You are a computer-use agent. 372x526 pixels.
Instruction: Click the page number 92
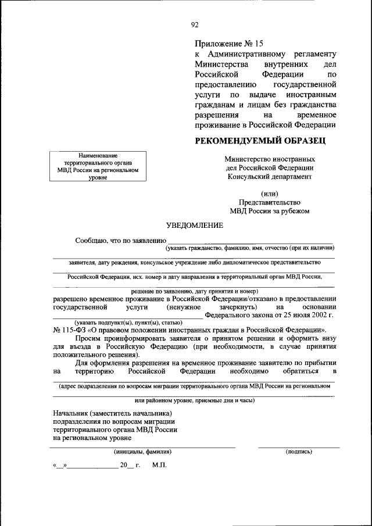(195, 24)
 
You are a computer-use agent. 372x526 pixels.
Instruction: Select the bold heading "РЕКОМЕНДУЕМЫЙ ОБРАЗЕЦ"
(260, 140)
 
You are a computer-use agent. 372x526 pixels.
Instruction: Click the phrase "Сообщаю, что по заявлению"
(120, 240)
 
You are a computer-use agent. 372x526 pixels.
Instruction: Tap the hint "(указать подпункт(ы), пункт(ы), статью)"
(128, 322)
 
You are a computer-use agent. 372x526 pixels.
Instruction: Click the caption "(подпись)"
(299, 451)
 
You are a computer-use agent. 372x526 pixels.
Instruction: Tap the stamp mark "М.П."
(159, 466)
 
